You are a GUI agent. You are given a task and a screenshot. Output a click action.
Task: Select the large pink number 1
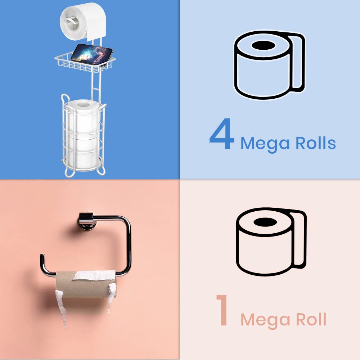point(222,311)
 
